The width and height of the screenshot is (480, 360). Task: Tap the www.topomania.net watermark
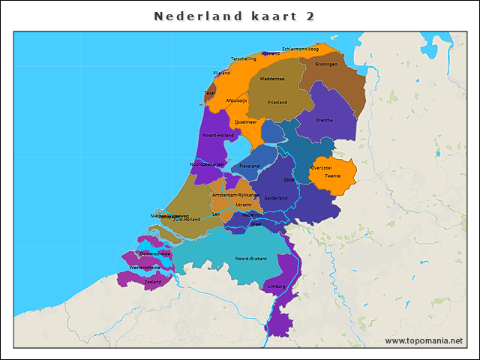click(x=424, y=340)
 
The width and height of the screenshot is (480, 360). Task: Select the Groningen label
click(x=326, y=64)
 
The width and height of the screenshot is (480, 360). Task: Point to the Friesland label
click(x=277, y=102)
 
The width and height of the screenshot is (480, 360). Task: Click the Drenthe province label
click(x=324, y=120)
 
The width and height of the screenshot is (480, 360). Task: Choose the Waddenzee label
click(x=271, y=78)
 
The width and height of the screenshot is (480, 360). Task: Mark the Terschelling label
click(x=244, y=58)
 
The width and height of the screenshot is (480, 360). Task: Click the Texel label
click(x=209, y=94)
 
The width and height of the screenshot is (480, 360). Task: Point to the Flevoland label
click(x=250, y=166)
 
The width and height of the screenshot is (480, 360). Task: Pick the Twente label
click(x=332, y=175)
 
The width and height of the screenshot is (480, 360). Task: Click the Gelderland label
click(x=276, y=198)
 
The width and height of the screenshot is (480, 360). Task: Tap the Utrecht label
click(x=244, y=204)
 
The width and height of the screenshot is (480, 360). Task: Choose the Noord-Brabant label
click(x=250, y=259)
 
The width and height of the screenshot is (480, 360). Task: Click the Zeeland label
click(x=153, y=282)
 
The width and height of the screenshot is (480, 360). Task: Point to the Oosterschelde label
click(x=155, y=253)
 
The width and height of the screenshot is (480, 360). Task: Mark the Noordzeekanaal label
click(x=207, y=163)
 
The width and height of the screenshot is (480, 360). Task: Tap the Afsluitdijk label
click(x=236, y=100)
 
